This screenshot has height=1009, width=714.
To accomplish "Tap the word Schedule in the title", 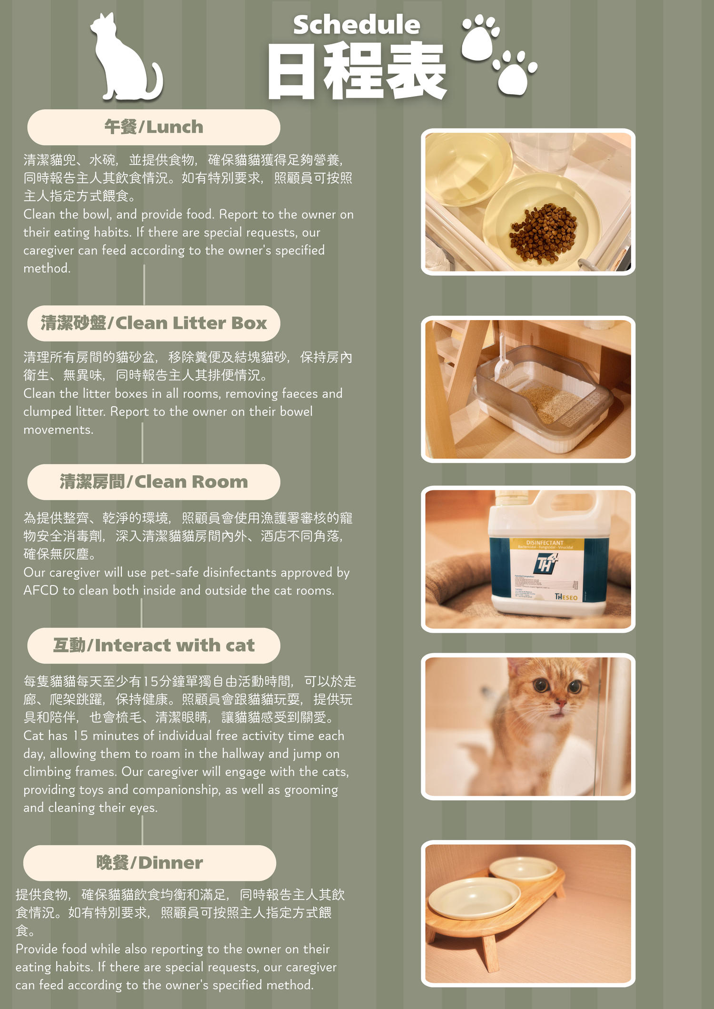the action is pos(357,25).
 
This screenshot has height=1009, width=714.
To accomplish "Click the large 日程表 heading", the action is pos(357,70).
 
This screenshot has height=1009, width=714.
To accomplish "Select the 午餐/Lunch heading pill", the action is pos(154,127).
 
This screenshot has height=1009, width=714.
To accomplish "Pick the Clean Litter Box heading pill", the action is pos(154,323).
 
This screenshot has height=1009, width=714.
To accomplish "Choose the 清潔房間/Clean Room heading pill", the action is pos(154,482).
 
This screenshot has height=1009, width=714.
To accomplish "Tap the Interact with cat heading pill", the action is pos(154,646).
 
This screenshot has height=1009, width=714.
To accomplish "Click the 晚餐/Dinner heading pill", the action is pos(149,863).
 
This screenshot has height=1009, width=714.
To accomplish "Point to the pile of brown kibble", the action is pos(543,233).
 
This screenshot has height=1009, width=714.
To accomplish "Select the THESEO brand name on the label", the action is pos(566,597).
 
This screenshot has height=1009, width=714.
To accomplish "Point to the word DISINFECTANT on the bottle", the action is pos(545,542).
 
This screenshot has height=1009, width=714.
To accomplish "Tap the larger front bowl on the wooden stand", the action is pos(475,898).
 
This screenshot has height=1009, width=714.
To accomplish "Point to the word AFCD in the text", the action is pos(41,590).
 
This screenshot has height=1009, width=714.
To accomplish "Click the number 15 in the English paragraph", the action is pos(80,735).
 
